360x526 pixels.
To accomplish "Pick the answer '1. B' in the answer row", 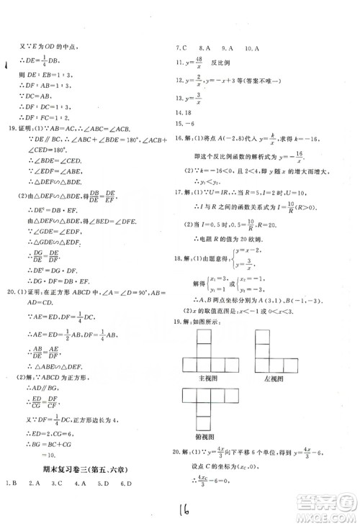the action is click(11, 502).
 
